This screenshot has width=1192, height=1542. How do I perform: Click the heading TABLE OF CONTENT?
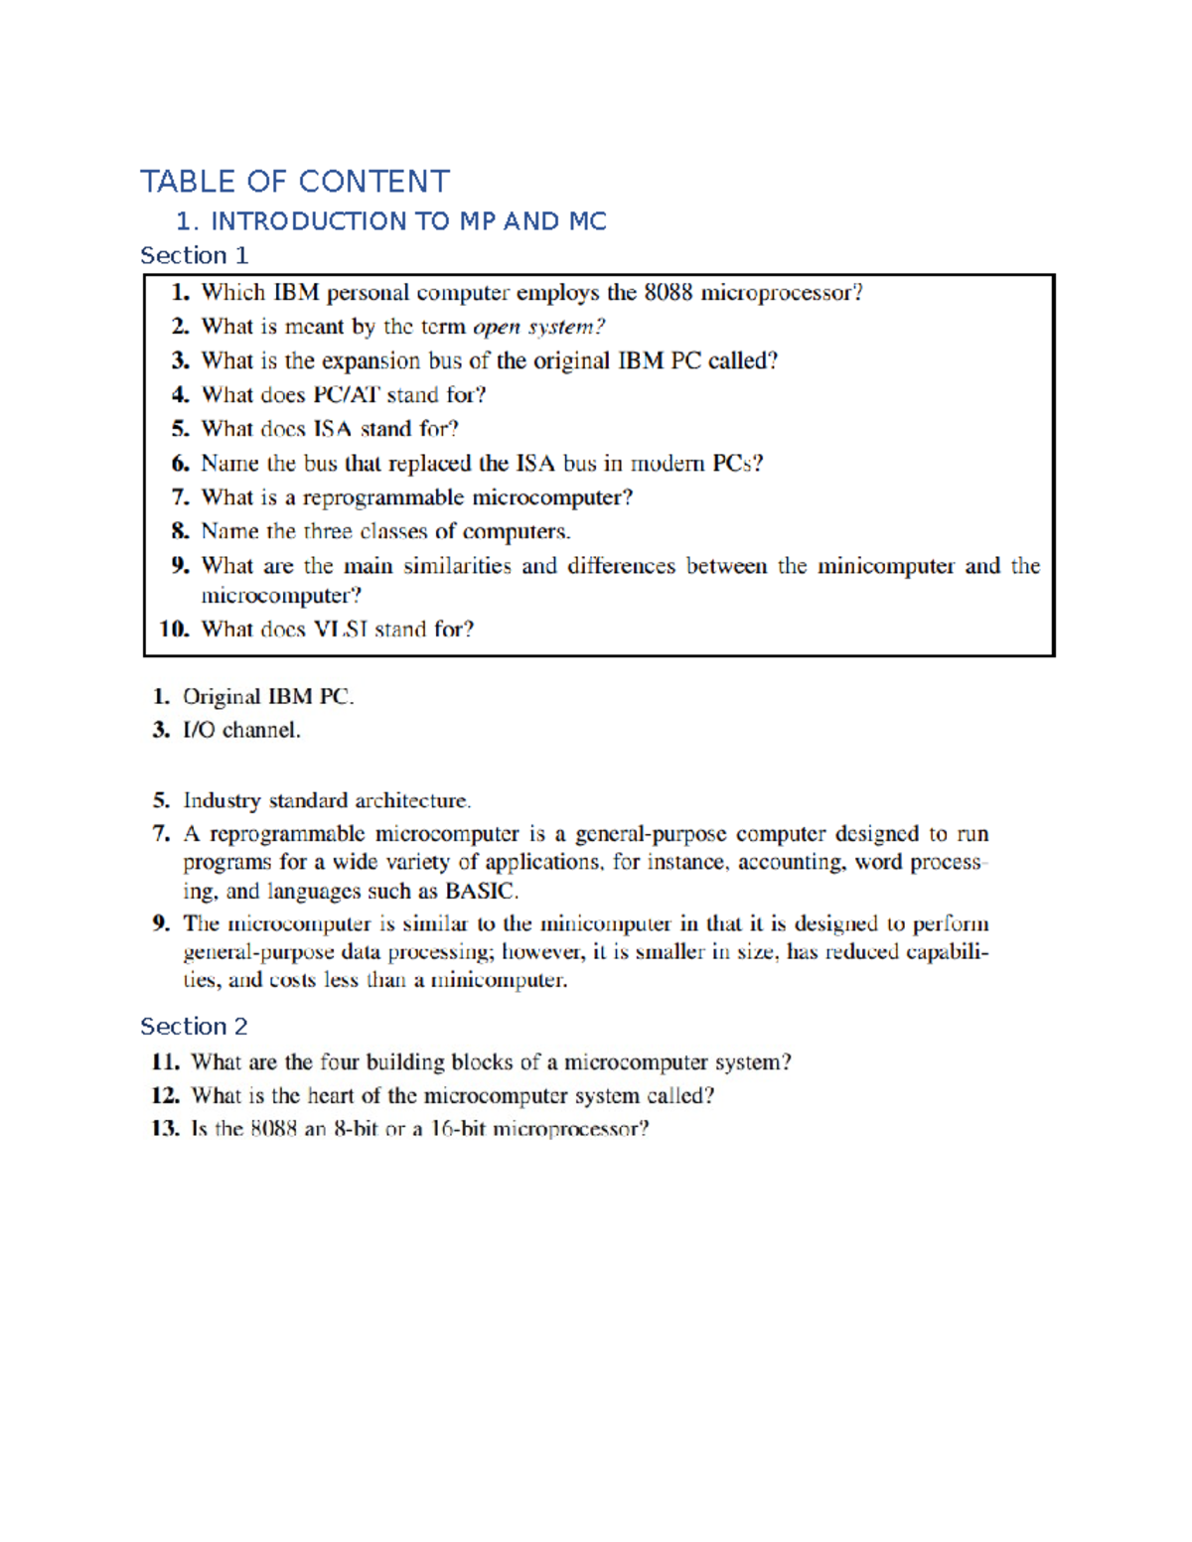tap(295, 182)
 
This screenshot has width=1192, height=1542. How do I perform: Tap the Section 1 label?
tap(194, 255)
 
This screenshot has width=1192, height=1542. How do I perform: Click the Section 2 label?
tap(194, 1026)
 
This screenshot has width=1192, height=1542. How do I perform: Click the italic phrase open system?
tap(537, 327)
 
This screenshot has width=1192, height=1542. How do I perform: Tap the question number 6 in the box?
tap(180, 464)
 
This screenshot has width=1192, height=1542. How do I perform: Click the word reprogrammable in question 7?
tap(382, 497)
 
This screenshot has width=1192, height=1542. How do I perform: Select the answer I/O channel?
tap(241, 730)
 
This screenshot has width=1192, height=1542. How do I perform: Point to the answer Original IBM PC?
tap(267, 697)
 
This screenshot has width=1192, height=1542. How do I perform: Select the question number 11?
tap(165, 1062)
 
